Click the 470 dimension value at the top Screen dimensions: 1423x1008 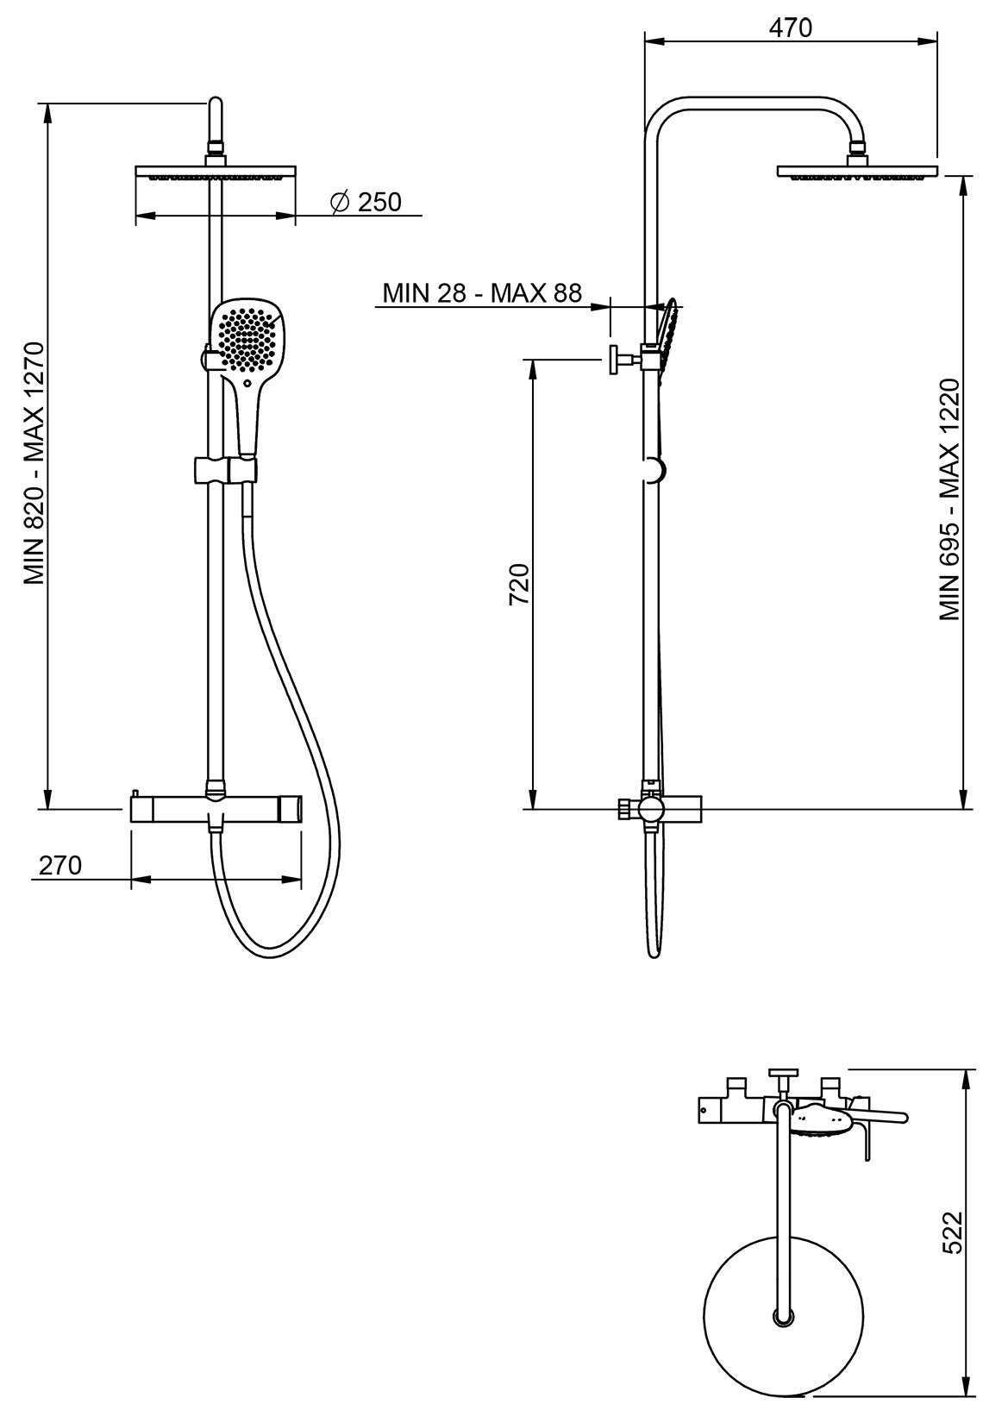[x=790, y=28]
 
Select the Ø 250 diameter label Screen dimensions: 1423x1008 [x=366, y=202]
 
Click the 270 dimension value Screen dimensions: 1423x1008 [x=60, y=864]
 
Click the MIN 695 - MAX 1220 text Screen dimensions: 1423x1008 [x=950, y=498]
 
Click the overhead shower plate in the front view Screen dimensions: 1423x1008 [x=216, y=172]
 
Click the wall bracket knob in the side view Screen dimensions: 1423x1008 [x=616, y=359]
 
